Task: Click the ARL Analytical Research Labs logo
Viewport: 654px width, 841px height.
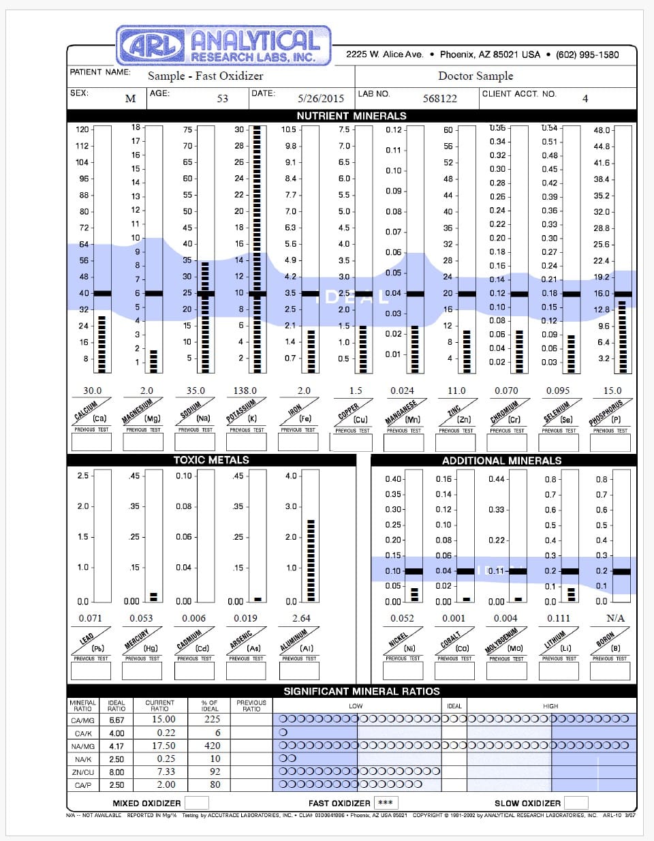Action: point(223,46)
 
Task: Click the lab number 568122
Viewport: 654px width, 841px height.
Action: point(439,98)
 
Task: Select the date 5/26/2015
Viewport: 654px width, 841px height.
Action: point(321,98)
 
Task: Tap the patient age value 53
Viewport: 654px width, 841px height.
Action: point(223,98)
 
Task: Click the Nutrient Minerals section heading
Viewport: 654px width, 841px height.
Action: point(352,116)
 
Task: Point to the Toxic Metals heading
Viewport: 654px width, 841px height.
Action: point(211,460)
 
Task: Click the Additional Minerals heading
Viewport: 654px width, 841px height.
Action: point(501,461)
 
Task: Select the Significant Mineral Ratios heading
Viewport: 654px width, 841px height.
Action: point(362,691)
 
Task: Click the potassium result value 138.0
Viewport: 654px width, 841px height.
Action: point(245,391)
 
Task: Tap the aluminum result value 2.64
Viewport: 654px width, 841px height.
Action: point(301,618)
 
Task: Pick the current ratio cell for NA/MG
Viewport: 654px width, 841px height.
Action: point(163,746)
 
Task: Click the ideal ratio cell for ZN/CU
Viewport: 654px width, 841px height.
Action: point(116,772)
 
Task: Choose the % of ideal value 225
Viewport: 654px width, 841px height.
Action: point(213,719)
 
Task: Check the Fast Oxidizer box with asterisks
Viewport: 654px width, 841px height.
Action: point(386,803)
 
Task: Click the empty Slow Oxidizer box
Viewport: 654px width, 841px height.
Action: point(576,803)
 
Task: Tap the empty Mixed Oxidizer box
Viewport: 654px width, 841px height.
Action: point(197,803)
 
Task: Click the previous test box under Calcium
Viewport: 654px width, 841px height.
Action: point(92,442)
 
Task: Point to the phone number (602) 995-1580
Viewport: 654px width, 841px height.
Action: point(587,55)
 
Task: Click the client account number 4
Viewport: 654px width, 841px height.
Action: point(585,99)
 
